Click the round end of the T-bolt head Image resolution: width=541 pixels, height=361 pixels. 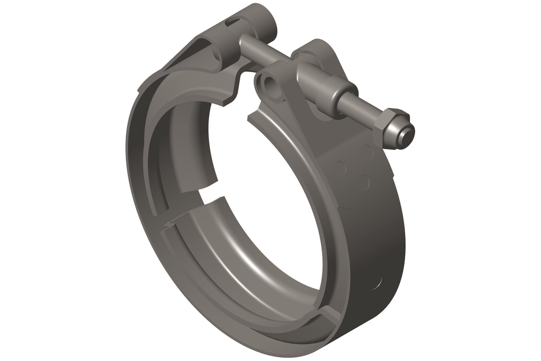(x=266, y=21)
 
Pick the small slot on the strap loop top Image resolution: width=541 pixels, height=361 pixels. (x=233, y=22)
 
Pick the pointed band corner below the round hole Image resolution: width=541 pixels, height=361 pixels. (x=251, y=117)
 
